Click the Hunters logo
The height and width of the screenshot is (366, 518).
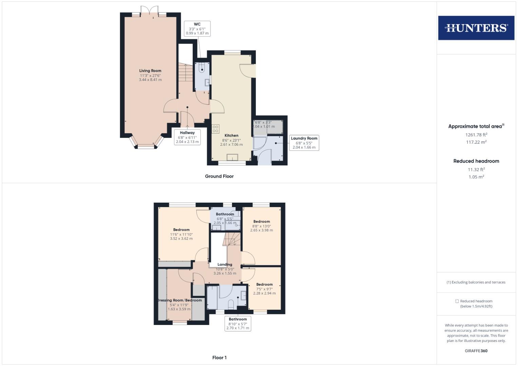[476, 28]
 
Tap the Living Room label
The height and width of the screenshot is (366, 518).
[150, 71]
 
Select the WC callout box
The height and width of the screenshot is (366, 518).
[197, 29]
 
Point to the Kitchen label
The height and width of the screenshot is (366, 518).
[231, 136]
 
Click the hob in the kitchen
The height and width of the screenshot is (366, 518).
[215, 129]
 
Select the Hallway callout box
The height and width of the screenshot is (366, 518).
[187, 137]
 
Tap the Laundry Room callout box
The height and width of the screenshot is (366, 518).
[304, 143]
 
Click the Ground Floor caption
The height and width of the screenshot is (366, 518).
[219, 176]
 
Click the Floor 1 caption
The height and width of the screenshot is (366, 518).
[219, 358]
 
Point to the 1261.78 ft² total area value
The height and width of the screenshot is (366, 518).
[476, 135]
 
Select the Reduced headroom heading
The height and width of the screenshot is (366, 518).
[476, 161]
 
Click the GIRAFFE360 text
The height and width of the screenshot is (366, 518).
[476, 351]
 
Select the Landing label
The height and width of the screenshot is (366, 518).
[225, 265]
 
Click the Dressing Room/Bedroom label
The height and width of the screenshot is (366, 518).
[179, 300]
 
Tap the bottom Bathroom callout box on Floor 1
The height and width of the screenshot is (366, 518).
[238, 324]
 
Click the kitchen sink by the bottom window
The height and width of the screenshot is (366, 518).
[232, 157]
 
